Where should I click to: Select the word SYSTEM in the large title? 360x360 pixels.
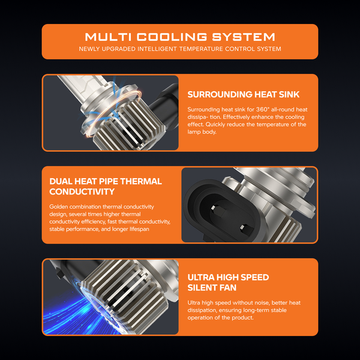pos(244,37)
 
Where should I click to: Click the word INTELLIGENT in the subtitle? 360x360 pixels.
pos(157,49)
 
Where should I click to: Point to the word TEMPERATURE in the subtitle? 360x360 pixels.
pos(201,49)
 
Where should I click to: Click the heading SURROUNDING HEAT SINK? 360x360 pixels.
pos(244,94)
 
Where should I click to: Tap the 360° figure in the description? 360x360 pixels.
pos(263,110)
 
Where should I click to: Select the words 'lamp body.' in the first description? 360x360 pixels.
pos(202,132)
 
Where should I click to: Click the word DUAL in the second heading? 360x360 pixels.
pos(61,181)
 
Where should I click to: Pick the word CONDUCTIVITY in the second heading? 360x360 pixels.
pos(82,192)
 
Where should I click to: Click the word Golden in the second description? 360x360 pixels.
pos(59,206)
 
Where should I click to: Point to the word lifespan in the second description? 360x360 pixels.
pos(139,229)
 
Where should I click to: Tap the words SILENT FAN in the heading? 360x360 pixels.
pos(212,287)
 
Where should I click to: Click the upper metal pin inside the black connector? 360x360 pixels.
pos(213,208)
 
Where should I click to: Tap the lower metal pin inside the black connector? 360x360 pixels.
pos(242,227)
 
